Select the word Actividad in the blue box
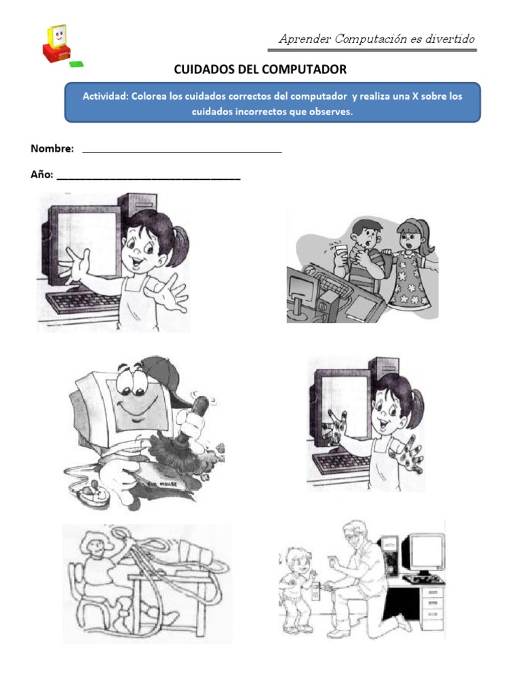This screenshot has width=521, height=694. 104,96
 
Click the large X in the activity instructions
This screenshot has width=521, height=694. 396,96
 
